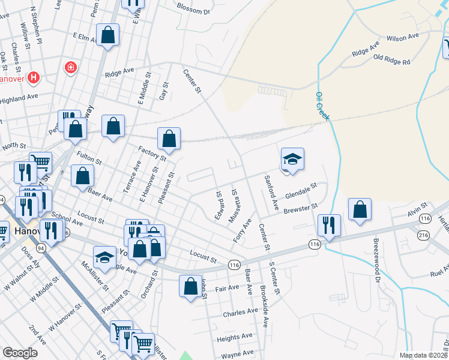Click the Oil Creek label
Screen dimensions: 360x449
pyautogui.click(x=322, y=107)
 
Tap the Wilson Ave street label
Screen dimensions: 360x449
pyautogui.click(x=402, y=37)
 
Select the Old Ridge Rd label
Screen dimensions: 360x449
pyautogui.click(x=391, y=61)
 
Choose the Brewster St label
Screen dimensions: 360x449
pyautogui.click(x=300, y=208)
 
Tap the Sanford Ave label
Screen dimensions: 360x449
pyautogui.click(x=272, y=192)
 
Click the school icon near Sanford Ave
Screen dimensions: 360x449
pyautogui.click(x=292, y=159)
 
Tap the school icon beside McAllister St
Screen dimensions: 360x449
pyautogui.click(x=104, y=258)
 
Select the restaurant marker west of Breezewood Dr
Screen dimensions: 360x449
pyautogui.click(x=328, y=226)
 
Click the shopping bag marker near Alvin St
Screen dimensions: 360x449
pyautogui.click(x=360, y=209)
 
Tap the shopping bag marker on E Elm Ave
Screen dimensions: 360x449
pyautogui.click(x=108, y=35)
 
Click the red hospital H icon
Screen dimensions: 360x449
pyautogui.click(x=34, y=77)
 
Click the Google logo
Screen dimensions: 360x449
pyautogui.click(x=20, y=353)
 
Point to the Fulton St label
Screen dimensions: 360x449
pyautogui.click(x=89, y=158)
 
